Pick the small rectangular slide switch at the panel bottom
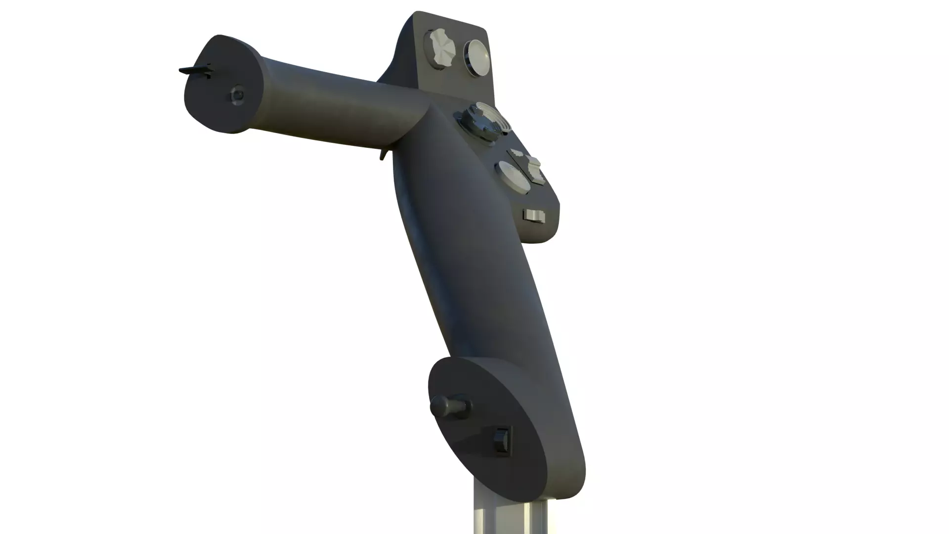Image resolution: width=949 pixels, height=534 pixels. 534,216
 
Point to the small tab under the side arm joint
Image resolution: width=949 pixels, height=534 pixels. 383,154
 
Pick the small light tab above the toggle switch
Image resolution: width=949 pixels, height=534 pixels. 517,152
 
